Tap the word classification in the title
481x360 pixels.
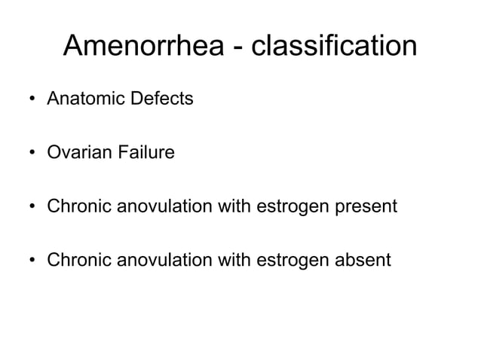click(333, 46)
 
